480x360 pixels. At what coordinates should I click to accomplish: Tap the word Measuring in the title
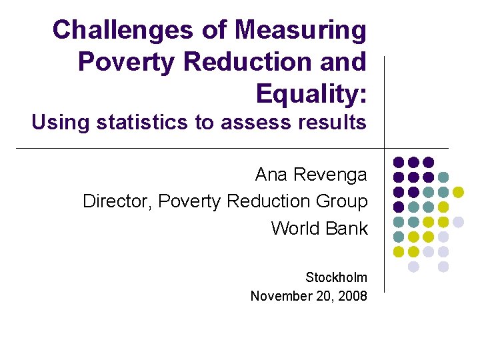[301, 30]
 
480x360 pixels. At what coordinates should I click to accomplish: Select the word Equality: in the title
[311, 93]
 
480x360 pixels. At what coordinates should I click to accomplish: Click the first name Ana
[271, 175]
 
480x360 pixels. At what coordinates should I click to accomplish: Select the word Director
[117, 201]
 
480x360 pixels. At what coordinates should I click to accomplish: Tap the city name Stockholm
[336, 277]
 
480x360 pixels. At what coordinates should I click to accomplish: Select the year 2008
[353, 295]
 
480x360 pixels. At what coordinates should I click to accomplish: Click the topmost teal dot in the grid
[443, 177]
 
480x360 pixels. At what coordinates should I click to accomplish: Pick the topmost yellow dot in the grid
[458, 192]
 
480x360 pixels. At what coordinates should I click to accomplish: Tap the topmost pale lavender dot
[458, 222]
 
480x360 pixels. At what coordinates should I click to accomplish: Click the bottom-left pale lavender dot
[413, 267]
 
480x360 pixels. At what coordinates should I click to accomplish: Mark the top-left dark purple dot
[399, 162]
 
